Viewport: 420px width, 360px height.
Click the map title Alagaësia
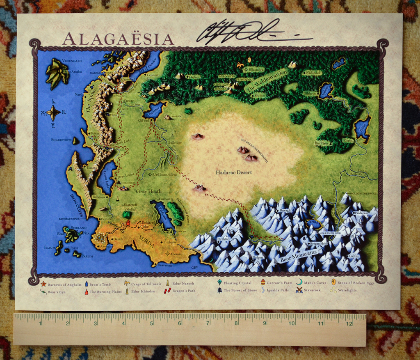tap(118, 39)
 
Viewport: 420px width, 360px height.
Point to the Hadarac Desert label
tap(234, 172)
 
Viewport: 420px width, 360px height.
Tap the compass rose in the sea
tap(53, 112)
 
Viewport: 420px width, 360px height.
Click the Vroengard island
tap(57, 73)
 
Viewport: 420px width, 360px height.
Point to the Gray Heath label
tap(148, 191)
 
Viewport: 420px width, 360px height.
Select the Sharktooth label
tap(61, 140)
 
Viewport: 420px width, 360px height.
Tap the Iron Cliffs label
tap(77, 205)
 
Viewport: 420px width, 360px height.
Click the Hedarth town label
tap(356, 174)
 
